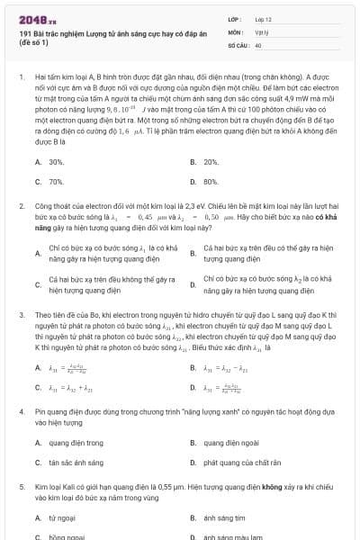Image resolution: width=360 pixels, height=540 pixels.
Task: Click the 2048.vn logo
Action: (x=37, y=17)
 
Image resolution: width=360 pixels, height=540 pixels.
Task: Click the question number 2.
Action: (x=21, y=206)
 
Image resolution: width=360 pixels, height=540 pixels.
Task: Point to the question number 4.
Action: (x=21, y=410)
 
